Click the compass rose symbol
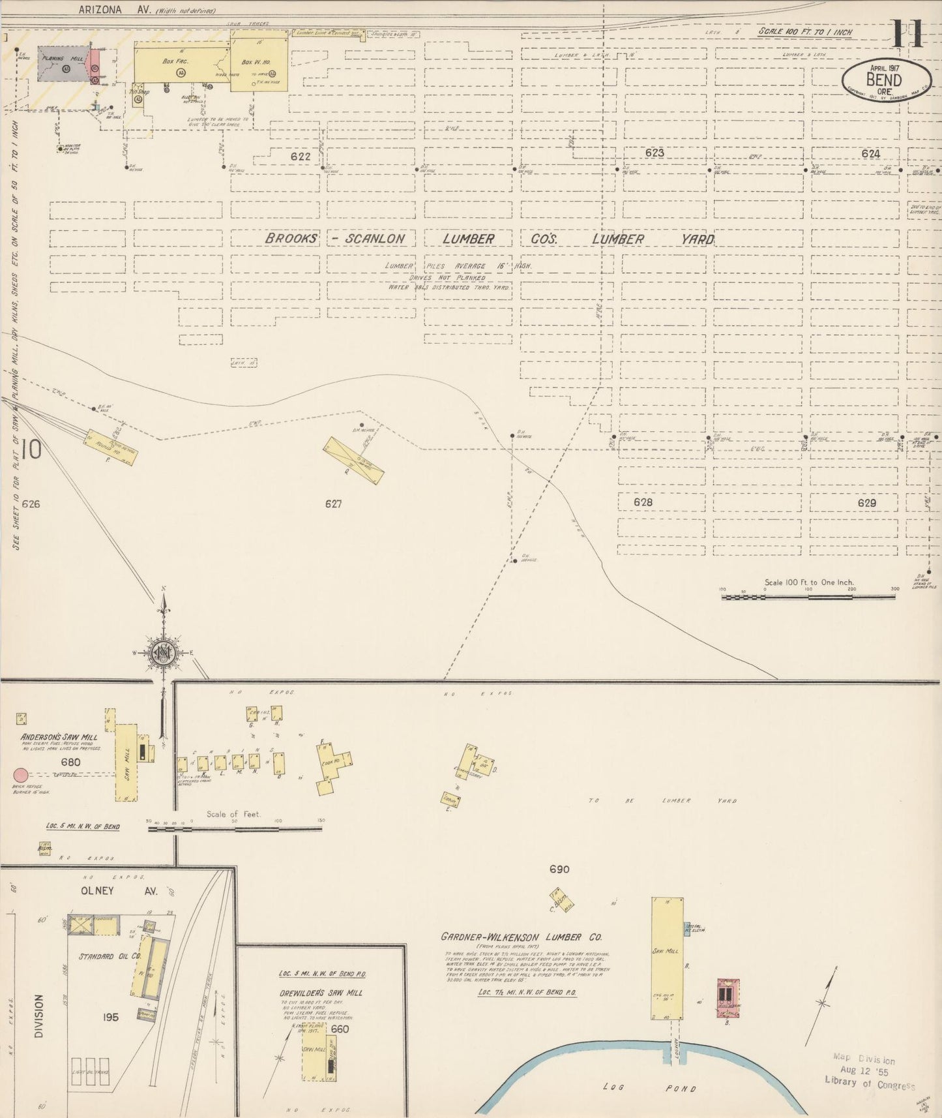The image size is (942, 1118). point(163,652)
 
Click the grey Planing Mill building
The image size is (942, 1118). point(63,64)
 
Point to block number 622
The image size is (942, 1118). point(301,157)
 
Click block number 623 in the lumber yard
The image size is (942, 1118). point(654,153)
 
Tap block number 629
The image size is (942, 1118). point(867,503)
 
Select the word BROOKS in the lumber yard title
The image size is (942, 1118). point(291,239)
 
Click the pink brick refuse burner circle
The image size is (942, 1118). point(21,775)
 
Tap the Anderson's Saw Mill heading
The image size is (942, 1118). point(59,737)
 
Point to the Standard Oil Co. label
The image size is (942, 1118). point(110,957)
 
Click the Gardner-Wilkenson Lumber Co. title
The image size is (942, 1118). point(521,937)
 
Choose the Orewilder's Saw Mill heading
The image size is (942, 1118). point(321,993)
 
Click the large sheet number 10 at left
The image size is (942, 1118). point(31,449)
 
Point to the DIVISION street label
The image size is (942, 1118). point(38,1016)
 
